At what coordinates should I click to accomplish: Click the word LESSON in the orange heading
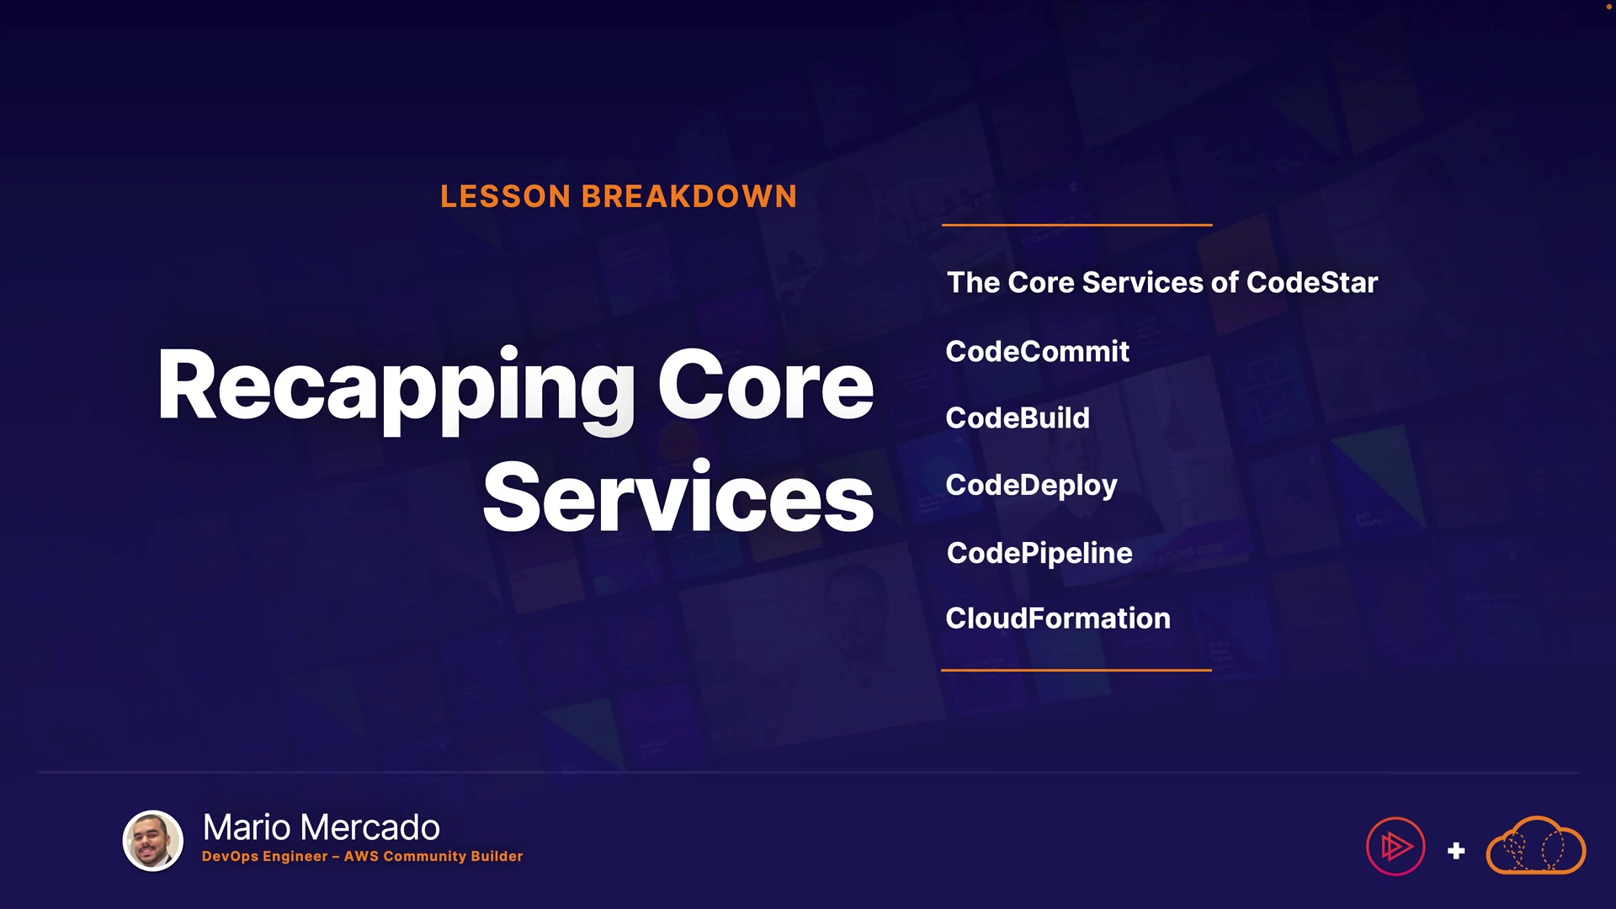tap(506, 196)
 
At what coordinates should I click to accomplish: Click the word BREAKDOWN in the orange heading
tap(689, 196)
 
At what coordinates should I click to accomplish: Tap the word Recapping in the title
tap(396, 389)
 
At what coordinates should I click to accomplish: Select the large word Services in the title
tap(678, 497)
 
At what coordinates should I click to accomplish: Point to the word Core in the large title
tap(766, 385)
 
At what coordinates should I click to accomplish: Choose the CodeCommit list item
tap(1037, 351)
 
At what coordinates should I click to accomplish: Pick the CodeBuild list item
tap(1018, 417)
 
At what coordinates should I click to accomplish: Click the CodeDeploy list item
tap(1031, 486)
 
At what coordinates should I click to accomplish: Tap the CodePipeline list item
tap(1039, 553)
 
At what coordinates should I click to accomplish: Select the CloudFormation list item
tap(1058, 619)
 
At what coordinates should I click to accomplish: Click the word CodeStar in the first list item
tap(1312, 283)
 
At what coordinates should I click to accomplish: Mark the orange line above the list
tap(1077, 225)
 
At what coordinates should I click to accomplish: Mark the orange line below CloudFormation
tap(1076, 670)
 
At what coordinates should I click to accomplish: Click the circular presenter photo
tap(153, 840)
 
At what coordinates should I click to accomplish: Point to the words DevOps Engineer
tap(265, 856)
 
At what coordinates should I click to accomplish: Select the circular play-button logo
tap(1395, 846)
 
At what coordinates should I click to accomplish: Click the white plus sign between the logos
tap(1456, 851)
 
